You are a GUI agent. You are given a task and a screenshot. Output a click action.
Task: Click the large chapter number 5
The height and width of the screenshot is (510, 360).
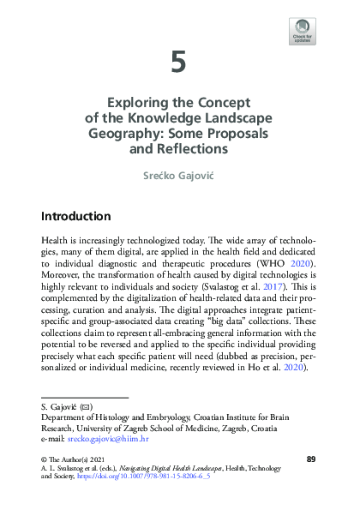pyautogui.click(x=179, y=62)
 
